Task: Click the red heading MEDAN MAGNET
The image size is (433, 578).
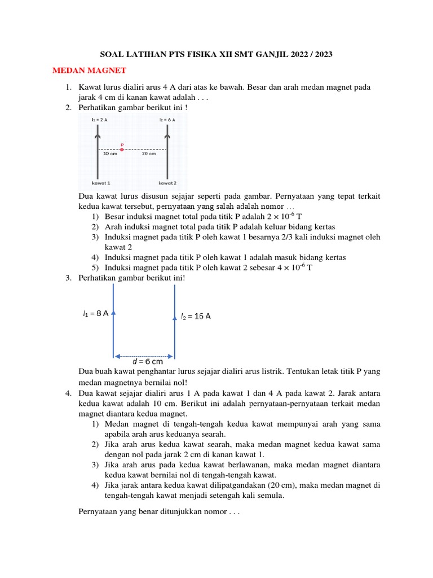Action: point(89,71)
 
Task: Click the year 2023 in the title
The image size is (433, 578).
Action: point(321,55)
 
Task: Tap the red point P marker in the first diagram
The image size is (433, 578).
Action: point(121,149)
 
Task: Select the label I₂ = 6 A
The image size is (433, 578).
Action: point(167,120)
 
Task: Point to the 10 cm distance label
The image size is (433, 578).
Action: point(109,154)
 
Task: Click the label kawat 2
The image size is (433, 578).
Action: point(167,183)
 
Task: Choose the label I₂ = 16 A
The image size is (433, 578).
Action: point(196,316)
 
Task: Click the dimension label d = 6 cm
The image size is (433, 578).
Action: point(147,361)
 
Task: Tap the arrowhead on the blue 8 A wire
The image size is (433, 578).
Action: point(114,312)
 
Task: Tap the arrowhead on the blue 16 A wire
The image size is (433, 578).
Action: point(175,318)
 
